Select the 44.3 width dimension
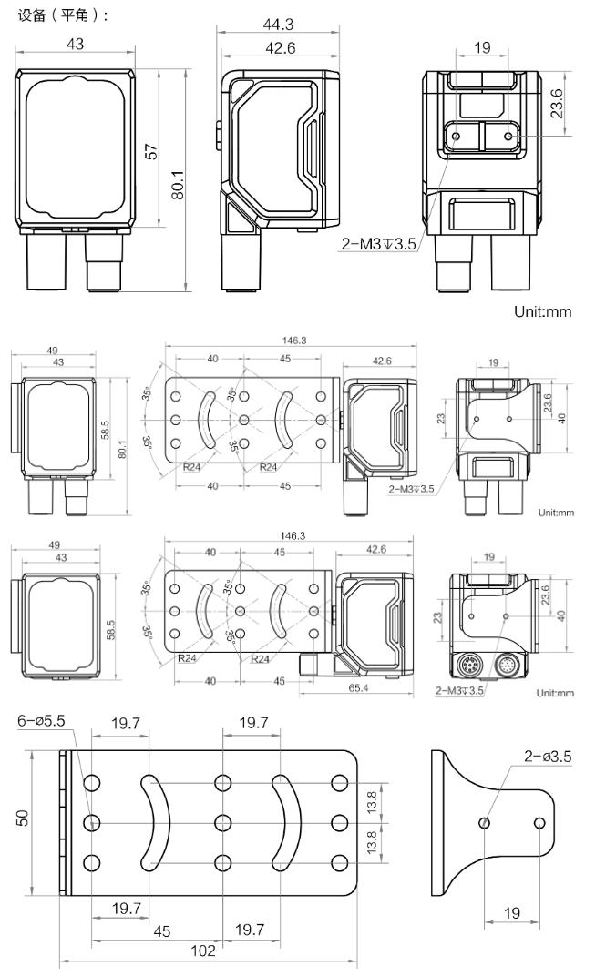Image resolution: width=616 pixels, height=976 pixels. (278, 25)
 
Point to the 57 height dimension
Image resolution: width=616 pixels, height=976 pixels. (152, 151)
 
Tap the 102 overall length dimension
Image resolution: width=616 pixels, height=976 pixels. (203, 951)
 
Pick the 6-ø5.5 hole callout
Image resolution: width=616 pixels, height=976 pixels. (42, 722)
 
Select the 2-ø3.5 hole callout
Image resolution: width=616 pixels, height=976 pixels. (549, 756)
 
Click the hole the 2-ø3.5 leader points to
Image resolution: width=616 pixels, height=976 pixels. (485, 823)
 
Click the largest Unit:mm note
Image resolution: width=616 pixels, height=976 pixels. (542, 311)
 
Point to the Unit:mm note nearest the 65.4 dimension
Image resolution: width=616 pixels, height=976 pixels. (555, 693)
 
